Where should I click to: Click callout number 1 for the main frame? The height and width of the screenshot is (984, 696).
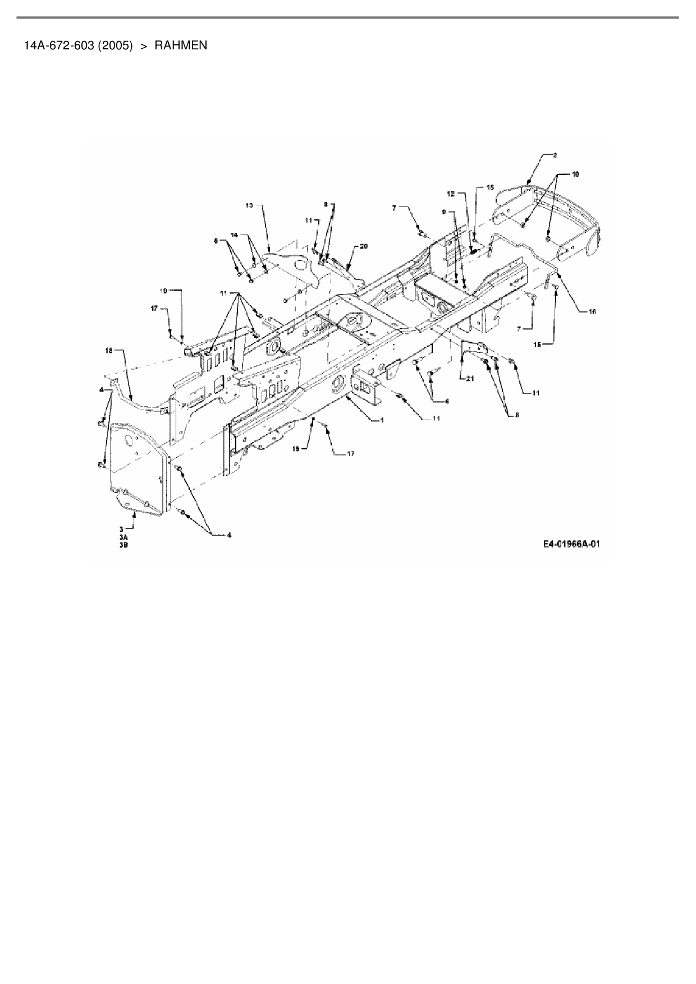(x=382, y=420)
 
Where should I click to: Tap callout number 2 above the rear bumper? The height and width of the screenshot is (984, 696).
(x=555, y=155)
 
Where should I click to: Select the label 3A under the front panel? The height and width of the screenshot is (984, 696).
(x=123, y=537)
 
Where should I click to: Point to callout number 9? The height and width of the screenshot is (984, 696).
(x=444, y=213)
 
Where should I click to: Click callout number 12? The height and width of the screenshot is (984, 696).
(x=450, y=194)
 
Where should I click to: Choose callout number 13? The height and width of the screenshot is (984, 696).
(x=249, y=206)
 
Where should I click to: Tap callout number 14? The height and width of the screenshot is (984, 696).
(x=235, y=236)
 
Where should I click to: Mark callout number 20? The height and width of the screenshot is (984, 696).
(x=364, y=246)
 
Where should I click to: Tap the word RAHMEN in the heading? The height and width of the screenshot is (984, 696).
(x=181, y=45)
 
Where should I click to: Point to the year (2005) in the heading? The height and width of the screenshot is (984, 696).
(x=115, y=45)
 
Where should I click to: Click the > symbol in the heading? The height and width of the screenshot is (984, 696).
(x=144, y=45)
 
